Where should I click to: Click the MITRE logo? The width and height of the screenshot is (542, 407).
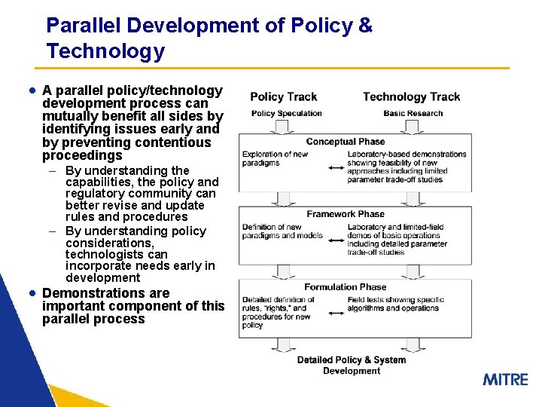tap(505, 379)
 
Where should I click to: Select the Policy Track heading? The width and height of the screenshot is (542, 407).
tap(283, 96)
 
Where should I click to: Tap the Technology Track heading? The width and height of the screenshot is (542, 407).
tap(411, 96)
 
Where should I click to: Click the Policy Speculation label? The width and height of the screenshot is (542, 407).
tap(286, 114)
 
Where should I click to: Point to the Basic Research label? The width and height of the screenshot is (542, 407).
tap(413, 114)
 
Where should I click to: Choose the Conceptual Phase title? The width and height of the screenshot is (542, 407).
tap(345, 142)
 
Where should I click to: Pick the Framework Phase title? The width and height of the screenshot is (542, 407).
tap(346, 214)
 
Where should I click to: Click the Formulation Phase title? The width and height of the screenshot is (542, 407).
tap(346, 287)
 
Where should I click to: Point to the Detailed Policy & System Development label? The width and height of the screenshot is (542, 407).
tap(351, 365)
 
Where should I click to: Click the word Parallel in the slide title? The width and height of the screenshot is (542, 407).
tap(84, 25)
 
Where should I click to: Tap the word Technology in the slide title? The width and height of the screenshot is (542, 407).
tap(105, 51)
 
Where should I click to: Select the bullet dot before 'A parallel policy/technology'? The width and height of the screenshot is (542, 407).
tap(32, 90)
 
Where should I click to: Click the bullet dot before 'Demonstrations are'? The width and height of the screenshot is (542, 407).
tap(32, 292)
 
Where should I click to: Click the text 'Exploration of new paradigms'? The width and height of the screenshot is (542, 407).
tap(276, 158)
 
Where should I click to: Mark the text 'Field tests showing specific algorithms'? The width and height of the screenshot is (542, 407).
tap(395, 304)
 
